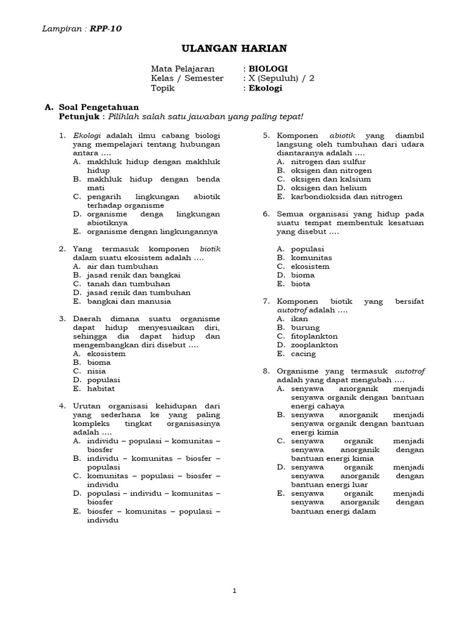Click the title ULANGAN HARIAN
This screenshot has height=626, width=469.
point(234,48)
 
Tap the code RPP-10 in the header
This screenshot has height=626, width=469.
point(110,28)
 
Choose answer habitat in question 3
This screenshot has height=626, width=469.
point(100,388)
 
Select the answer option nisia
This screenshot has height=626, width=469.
point(96,371)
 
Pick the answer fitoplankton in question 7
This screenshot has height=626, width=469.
point(314,336)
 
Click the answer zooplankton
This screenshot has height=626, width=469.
point(314,345)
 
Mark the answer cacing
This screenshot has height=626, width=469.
point(304,353)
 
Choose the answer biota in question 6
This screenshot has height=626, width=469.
point(300,284)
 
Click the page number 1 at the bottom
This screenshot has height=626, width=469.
point(234,591)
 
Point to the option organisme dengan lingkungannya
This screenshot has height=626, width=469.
point(152,232)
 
